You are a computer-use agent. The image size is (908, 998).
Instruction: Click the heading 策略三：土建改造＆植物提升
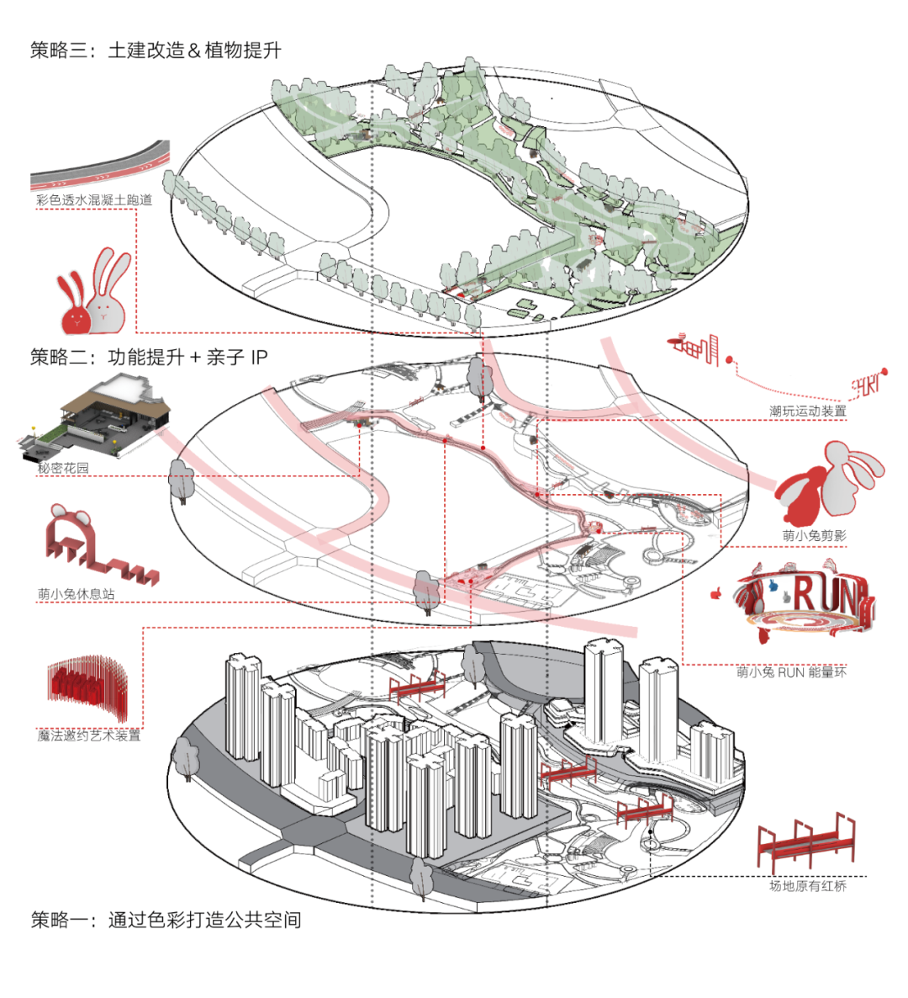[156, 50]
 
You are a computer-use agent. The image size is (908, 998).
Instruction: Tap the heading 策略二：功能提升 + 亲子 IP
[149, 357]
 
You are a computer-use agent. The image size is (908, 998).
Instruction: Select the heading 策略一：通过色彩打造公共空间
[166, 919]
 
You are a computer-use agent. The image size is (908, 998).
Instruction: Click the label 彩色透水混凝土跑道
[94, 200]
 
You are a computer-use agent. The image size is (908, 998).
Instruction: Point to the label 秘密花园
[63, 468]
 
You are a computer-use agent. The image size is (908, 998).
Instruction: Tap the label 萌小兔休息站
[76, 594]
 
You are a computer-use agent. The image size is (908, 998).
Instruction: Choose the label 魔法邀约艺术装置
[88, 735]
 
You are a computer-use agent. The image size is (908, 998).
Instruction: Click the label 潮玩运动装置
[807, 411]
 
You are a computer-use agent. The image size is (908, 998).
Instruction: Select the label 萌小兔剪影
[814, 535]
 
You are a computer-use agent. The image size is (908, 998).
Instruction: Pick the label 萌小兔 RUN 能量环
[791, 672]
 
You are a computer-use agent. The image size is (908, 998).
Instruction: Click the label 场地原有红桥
[807, 885]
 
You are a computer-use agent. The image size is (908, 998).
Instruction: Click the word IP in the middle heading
[259, 357]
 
